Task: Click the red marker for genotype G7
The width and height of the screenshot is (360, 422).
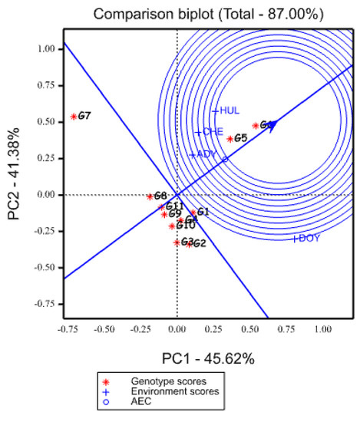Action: click(x=74, y=117)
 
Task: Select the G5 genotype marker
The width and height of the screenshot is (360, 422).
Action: click(x=230, y=139)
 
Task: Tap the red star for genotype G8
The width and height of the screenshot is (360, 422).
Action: click(x=150, y=196)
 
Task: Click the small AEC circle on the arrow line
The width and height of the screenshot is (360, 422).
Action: click(x=225, y=160)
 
